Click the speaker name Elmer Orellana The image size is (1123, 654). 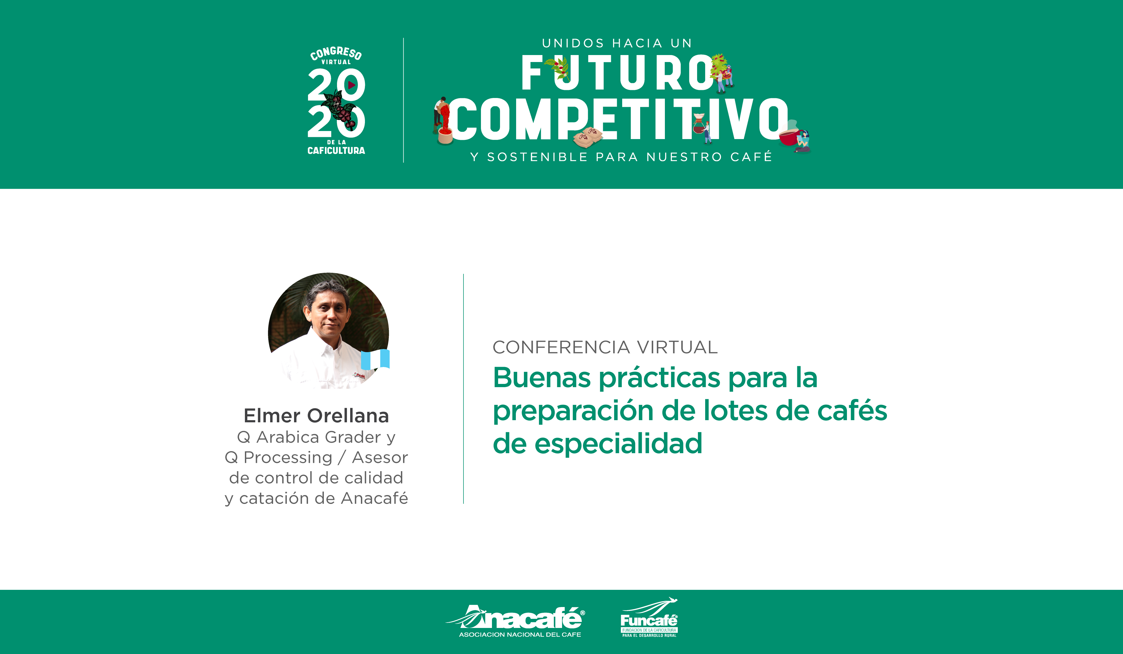[316, 416]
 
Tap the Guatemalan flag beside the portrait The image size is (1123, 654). [375, 359]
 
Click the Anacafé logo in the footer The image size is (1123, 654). [516, 621]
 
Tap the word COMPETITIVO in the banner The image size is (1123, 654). [618, 119]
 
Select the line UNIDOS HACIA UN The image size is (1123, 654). [617, 43]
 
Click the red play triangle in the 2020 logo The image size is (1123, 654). [352, 85]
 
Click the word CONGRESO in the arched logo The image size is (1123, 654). [336, 53]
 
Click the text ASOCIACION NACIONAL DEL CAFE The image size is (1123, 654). [520, 634]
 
